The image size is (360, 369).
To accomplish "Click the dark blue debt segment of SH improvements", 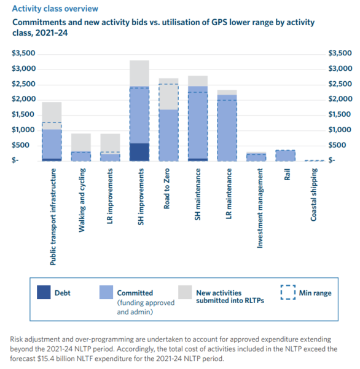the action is coord(139,152).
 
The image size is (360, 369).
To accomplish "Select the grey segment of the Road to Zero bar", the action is coord(168,94).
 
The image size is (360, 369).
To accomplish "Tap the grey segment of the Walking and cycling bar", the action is coord(81,143).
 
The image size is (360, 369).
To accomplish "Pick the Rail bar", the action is coord(285,156).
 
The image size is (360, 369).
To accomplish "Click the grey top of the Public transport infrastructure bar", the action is coord(52,116).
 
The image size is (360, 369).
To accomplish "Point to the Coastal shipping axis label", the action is coord(314,194).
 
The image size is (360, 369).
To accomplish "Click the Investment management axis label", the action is coord(260,208).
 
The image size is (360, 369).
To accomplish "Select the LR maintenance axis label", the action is coord(229,194).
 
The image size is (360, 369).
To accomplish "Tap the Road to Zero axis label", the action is coord(166,189).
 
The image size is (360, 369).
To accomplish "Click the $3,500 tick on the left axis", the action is coord(23,53).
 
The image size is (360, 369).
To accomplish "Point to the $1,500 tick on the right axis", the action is coord(340,114).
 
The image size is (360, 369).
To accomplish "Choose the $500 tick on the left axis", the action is coord(21,145).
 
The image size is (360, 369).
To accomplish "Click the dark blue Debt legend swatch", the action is coord(44,292).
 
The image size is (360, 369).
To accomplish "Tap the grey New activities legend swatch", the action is coord(185,292).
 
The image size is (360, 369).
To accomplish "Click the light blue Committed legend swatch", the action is coord(106,292).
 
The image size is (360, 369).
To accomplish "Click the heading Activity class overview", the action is coord(55,9).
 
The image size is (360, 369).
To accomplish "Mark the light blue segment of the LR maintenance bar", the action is coord(227,128).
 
